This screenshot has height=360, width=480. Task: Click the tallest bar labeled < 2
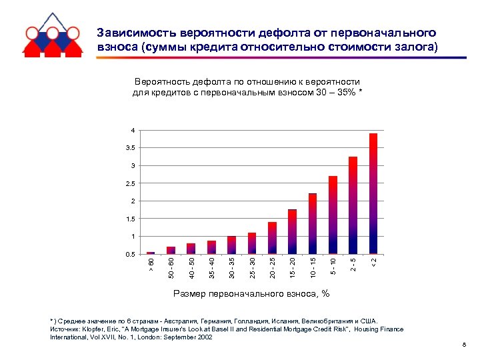[x=373, y=193]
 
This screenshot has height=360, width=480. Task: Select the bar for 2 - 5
[x=353, y=205]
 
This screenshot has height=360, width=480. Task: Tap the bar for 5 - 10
[x=333, y=215]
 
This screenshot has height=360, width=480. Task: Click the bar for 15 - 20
[x=292, y=231]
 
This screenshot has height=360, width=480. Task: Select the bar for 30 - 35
[x=231, y=245]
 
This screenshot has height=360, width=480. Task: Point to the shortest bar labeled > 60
[x=151, y=253]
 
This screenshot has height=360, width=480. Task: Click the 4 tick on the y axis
[x=133, y=130]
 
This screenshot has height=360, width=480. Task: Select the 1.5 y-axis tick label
[x=130, y=219]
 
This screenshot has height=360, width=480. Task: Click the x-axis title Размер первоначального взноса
[x=251, y=293]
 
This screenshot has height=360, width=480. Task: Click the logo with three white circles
[x=52, y=33]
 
